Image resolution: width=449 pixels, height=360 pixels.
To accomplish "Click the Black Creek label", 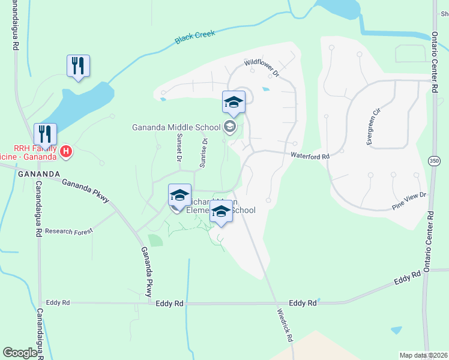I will click(x=195, y=37).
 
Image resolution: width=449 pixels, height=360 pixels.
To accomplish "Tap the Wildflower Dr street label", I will click(x=262, y=66).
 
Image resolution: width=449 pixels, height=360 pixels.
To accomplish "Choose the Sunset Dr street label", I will click(x=178, y=148).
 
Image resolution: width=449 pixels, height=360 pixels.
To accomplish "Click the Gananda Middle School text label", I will click(x=176, y=127).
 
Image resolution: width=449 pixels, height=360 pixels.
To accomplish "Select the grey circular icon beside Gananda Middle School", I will click(x=229, y=127).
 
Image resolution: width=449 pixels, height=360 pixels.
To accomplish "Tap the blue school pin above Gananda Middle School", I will click(x=234, y=103).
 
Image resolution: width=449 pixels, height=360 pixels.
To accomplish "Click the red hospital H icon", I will click(x=66, y=152).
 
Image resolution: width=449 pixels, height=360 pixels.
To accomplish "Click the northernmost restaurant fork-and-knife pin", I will click(x=78, y=66).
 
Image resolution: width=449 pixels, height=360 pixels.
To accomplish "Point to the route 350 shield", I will click(x=434, y=160).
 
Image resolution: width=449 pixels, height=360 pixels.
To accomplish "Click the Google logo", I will click(x=20, y=352).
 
